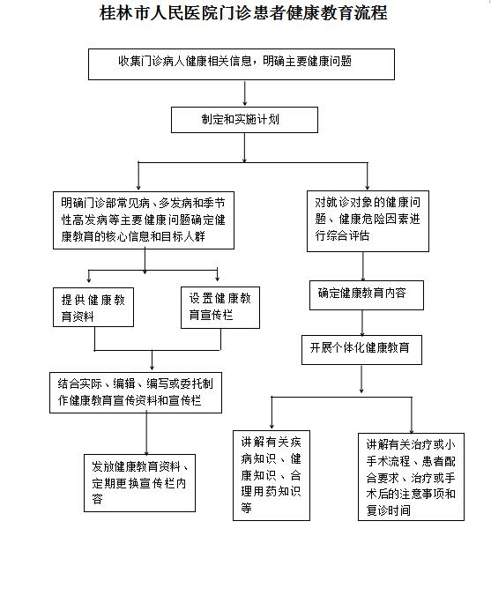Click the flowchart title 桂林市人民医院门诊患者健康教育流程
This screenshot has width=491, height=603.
click(243, 13)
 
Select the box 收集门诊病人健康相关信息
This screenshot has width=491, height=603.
click(242, 64)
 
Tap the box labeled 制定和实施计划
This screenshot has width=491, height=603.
click(244, 120)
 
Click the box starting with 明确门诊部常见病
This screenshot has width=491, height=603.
click(144, 220)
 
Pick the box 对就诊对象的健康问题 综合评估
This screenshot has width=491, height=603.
click(368, 221)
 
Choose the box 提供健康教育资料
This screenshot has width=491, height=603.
click(93, 308)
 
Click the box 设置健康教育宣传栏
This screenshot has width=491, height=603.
click(220, 308)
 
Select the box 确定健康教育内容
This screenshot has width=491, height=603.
click(367, 295)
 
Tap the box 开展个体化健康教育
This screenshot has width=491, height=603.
click(361, 350)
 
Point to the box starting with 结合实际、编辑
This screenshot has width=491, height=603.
click(136, 392)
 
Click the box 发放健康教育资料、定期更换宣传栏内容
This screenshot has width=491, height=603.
click(140, 483)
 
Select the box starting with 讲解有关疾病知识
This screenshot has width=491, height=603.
click(272, 476)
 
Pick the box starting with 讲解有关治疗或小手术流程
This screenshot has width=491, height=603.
click(412, 477)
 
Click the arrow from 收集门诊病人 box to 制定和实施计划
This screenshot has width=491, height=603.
click(244, 93)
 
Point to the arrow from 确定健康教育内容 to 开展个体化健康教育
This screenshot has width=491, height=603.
click(362, 323)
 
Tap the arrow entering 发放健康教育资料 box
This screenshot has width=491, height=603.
click(146, 434)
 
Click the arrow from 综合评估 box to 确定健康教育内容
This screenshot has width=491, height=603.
click(363, 266)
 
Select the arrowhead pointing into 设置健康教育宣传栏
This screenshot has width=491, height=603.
click(218, 278)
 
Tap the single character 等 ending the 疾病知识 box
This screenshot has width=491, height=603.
click(247, 508)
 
